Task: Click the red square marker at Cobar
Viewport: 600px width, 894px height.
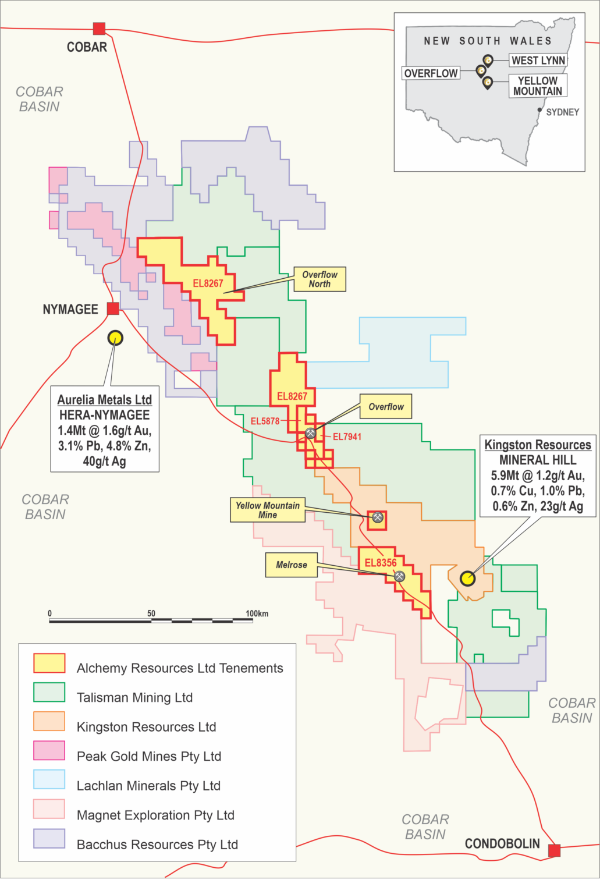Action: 100,29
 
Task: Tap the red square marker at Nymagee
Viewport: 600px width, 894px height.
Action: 113,308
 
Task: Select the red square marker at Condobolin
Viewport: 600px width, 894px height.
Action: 554,850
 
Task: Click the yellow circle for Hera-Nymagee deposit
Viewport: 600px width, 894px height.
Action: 115,338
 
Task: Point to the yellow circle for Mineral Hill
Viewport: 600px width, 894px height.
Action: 467,579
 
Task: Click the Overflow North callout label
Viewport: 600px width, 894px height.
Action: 319,279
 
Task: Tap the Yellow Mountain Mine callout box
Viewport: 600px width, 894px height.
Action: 268,510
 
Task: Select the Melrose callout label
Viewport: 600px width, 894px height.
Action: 292,565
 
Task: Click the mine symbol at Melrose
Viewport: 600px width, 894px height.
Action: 400,576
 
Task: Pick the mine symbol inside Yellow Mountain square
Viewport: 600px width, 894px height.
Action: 378,517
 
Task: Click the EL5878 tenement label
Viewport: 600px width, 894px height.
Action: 265,421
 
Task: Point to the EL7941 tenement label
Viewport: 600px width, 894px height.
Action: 347,437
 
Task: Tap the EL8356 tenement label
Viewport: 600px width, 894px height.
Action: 381,563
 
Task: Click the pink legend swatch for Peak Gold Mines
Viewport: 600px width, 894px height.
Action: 49,751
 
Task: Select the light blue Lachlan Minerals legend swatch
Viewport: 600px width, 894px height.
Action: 49,780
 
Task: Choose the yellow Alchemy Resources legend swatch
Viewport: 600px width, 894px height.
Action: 49,663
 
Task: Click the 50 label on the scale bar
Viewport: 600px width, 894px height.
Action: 151,613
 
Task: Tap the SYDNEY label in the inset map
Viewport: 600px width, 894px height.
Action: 562,112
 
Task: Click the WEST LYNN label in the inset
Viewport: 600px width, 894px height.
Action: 538,61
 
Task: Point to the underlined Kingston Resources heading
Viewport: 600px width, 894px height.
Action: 538,445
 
